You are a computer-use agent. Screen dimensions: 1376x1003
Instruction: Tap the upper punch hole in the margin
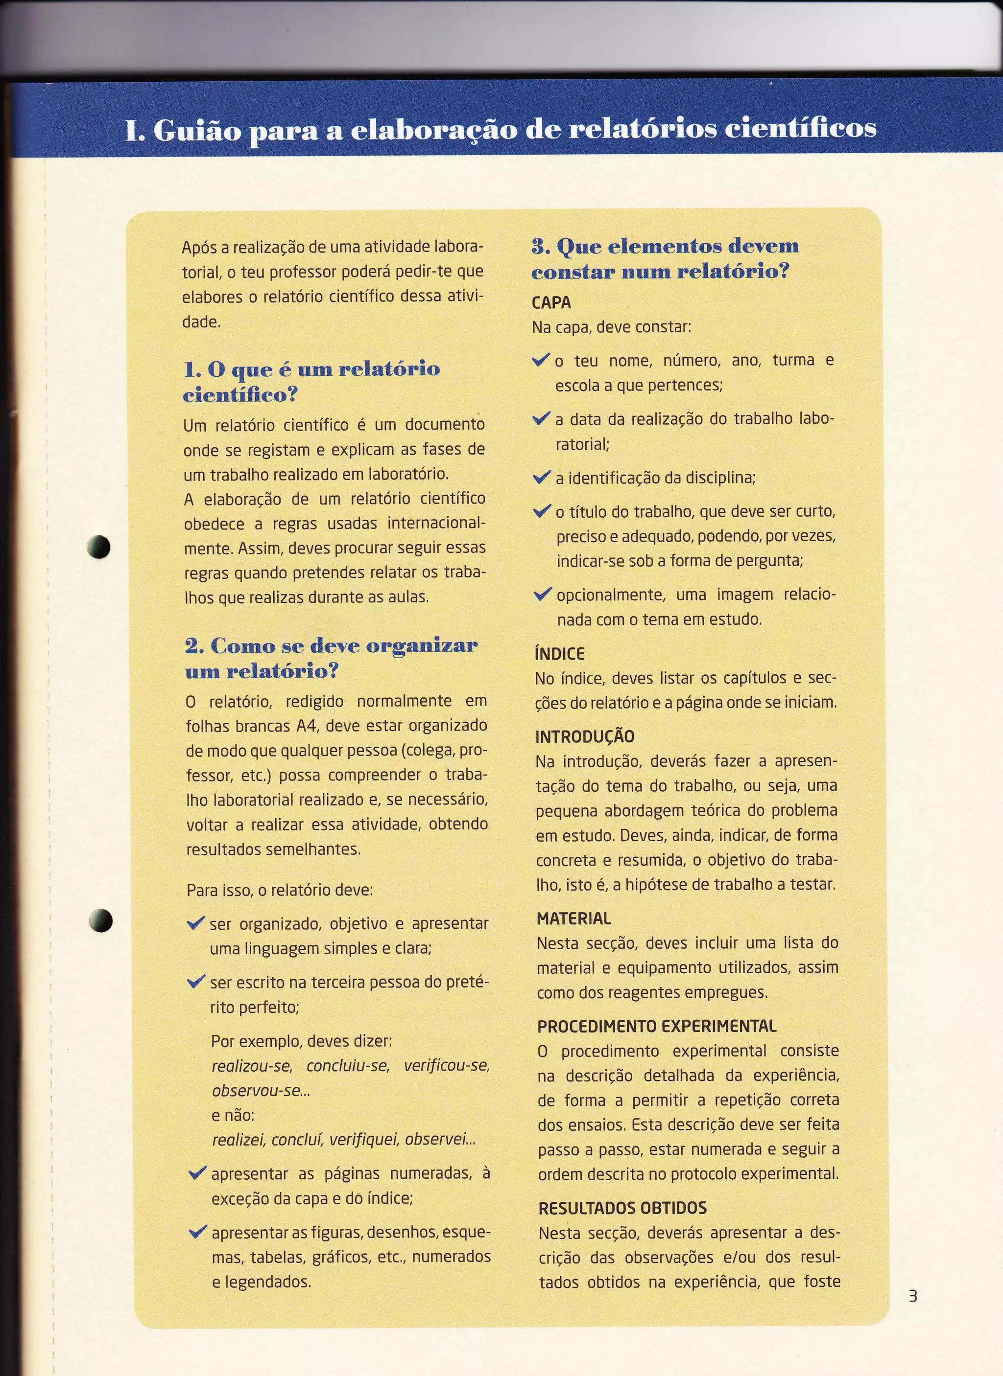pyautogui.click(x=99, y=547)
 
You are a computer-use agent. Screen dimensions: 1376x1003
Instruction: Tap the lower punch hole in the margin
pyautogui.click(x=101, y=920)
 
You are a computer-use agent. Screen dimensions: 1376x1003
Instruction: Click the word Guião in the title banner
pyautogui.click(x=197, y=130)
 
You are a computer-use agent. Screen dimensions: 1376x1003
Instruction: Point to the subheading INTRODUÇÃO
pyautogui.click(x=585, y=736)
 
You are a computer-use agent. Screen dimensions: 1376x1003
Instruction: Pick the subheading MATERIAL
pyautogui.click(x=574, y=918)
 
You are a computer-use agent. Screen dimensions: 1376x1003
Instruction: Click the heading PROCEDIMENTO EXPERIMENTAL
pyautogui.click(x=656, y=1026)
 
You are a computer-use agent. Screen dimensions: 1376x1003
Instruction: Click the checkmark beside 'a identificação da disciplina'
pyautogui.click(x=542, y=478)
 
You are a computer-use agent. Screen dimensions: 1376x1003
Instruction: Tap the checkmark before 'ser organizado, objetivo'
pyautogui.click(x=196, y=923)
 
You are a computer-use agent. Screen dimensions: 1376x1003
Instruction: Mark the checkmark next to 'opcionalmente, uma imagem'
pyautogui.click(x=543, y=594)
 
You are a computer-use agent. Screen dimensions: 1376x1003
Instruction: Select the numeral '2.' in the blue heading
pyautogui.click(x=195, y=645)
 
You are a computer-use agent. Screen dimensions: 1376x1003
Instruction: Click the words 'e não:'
pyautogui.click(x=233, y=1115)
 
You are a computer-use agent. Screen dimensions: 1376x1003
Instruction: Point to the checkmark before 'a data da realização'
pyautogui.click(x=541, y=419)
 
